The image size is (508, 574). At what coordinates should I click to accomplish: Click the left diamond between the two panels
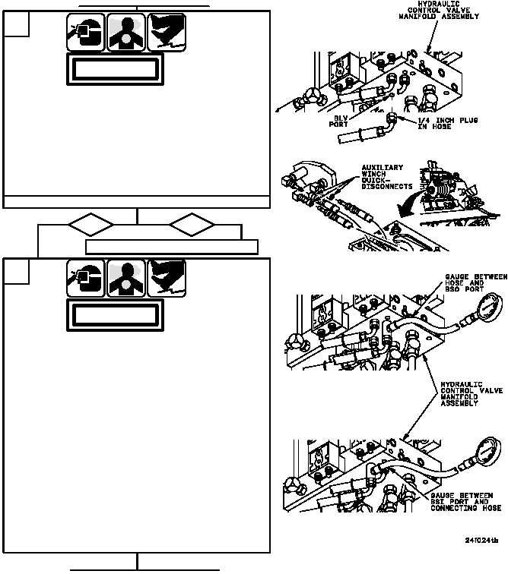(90, 225)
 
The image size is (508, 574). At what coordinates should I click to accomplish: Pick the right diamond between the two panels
(192, 225)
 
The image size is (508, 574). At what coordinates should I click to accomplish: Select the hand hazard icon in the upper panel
(167, 31)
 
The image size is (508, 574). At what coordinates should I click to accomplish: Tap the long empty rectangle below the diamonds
(172, 247)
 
